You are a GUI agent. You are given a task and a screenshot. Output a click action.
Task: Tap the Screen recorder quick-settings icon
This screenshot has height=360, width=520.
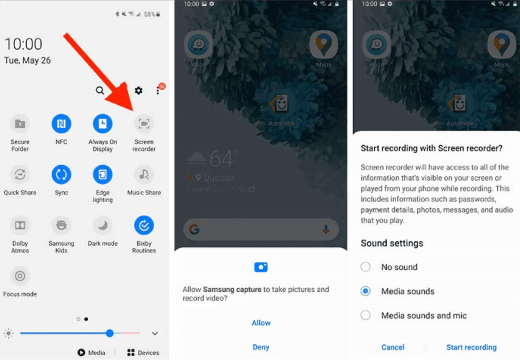144,124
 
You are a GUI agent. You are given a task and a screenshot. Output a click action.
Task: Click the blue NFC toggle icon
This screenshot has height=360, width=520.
61,124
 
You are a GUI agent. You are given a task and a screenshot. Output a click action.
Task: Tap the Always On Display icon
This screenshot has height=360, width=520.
102,124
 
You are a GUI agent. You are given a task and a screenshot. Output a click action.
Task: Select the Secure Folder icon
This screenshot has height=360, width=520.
20,124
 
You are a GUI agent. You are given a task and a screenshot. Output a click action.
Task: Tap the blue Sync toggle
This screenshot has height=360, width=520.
61,174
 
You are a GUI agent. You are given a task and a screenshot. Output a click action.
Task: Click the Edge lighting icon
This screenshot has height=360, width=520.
102,174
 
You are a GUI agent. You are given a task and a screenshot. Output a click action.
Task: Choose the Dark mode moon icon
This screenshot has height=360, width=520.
102,225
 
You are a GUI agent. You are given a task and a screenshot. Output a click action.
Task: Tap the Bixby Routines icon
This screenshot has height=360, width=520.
144,225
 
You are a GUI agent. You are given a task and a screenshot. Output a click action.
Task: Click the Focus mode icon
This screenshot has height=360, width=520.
20,276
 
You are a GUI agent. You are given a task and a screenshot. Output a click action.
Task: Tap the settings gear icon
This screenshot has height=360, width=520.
139,90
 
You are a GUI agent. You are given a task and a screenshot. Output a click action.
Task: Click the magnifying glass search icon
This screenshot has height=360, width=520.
100,90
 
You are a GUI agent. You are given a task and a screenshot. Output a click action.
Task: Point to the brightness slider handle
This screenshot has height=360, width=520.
110,333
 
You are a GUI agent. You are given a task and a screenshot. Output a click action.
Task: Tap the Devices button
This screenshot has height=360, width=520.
143,352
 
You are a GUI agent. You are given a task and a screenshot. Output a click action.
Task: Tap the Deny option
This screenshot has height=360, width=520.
261,347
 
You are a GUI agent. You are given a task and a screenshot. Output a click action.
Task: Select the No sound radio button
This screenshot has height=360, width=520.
365,267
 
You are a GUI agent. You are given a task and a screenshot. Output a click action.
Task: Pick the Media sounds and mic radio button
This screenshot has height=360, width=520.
365,315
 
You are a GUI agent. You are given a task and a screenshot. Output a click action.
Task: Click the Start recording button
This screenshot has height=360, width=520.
471,347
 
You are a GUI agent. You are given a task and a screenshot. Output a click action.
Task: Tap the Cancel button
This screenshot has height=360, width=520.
393,347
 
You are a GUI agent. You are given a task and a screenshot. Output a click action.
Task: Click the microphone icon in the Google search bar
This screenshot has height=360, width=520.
326,229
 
